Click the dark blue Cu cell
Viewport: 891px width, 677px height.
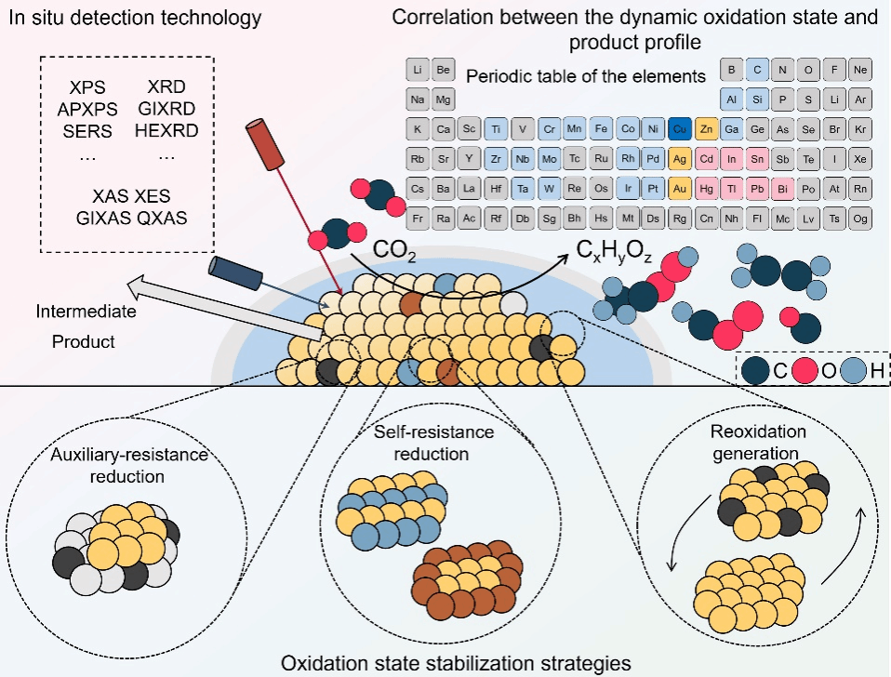pos(680,129)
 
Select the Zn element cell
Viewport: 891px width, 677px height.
pos(706,129)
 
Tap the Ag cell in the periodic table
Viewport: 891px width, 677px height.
pos(680,159)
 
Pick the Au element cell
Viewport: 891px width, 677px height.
pos(680,189)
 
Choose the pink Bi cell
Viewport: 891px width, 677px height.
pos(782,189)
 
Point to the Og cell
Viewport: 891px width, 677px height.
pos(860,219)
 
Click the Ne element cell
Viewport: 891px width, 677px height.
pos(860,70)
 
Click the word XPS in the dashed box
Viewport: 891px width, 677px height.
pos(87,87)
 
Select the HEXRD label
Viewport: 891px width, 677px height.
pos(166,130)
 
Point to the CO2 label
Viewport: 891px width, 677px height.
pos(394,251)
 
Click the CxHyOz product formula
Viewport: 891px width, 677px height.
pos(614,251)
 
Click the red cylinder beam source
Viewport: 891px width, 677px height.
pos(265,144)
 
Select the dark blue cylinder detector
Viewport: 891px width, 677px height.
pos(235,273)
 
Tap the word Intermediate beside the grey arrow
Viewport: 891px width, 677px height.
pos(86,312)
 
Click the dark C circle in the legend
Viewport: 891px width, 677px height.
pos(756,371)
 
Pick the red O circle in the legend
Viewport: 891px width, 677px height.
pos(805,371)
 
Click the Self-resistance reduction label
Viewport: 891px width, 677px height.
pos(433,443)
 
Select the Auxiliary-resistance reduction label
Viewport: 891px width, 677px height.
pos(129,465)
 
